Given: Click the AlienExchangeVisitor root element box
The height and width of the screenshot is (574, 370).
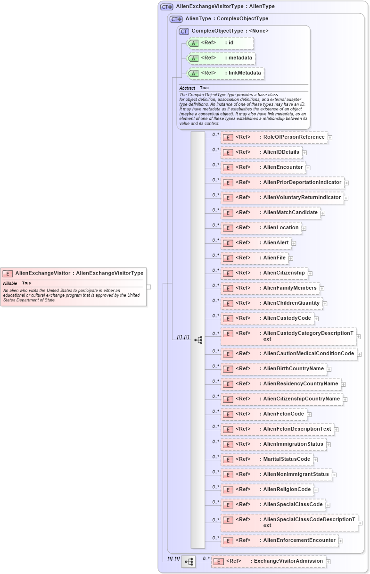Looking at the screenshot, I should click(73, 273).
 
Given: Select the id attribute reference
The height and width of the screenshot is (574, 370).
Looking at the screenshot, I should click(221, 43).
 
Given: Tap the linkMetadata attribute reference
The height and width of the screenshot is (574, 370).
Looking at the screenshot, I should click(226, 73).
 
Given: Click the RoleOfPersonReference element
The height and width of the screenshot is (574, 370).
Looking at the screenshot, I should click(274, 137).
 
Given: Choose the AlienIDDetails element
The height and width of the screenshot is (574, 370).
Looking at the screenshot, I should click(262, 152).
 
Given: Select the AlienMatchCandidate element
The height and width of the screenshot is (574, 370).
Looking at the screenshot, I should click(271, 213).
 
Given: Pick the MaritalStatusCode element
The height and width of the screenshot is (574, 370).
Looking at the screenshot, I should click(267, 459).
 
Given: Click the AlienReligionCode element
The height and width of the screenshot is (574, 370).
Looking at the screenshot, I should click(267, 490).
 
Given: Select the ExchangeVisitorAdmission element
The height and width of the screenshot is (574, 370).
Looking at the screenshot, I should click(269, 561).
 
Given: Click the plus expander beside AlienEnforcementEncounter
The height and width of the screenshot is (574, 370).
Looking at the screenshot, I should click(341, 541).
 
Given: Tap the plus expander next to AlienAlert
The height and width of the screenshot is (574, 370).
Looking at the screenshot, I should click(294, 243).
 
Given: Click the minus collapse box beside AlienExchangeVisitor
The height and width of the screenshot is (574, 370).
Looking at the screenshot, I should click(148, 286).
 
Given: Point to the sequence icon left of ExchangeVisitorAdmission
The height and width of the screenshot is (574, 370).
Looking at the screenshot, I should click(189, 562).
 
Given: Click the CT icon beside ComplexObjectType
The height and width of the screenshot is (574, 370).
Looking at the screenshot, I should click(184, 31).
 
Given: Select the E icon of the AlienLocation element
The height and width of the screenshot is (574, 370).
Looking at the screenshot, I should click(228, 228).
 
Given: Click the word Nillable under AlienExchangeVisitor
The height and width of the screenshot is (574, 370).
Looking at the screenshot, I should click(10, 283).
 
